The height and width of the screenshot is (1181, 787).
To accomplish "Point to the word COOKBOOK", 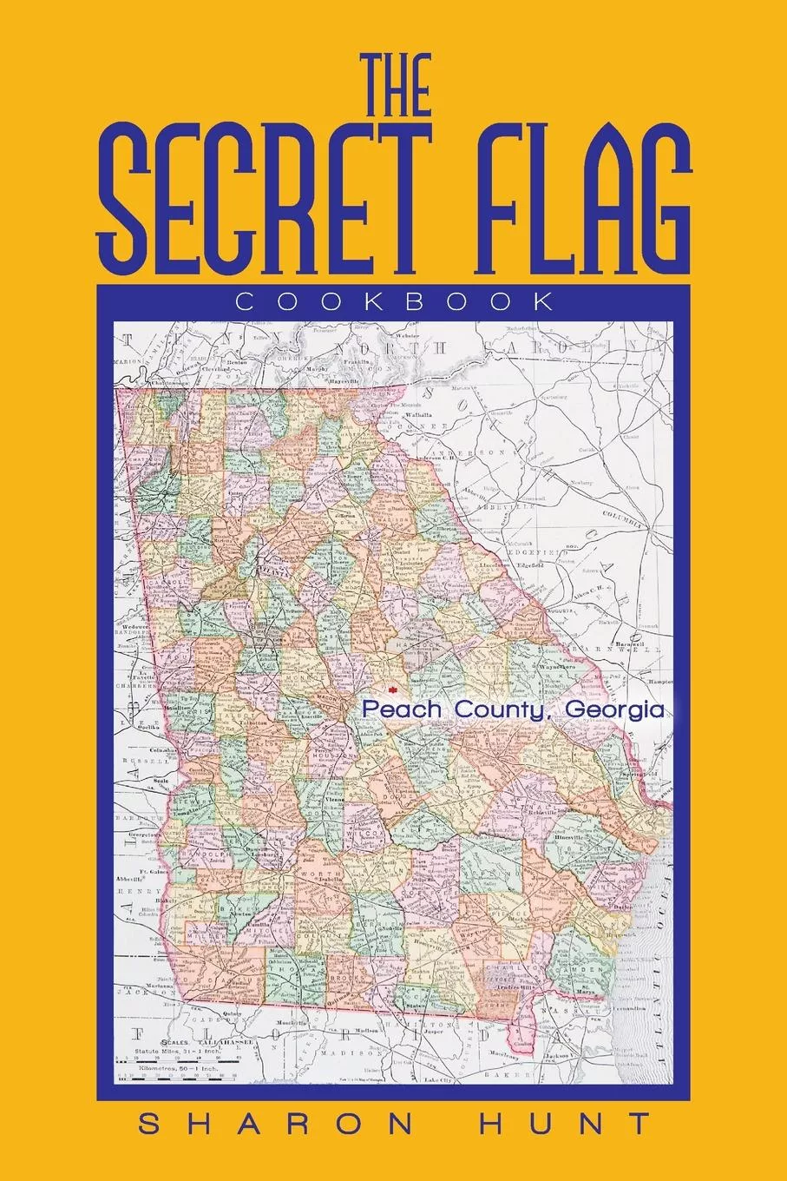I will [394, 302].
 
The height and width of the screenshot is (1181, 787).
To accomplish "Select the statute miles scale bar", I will [195, 1062].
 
